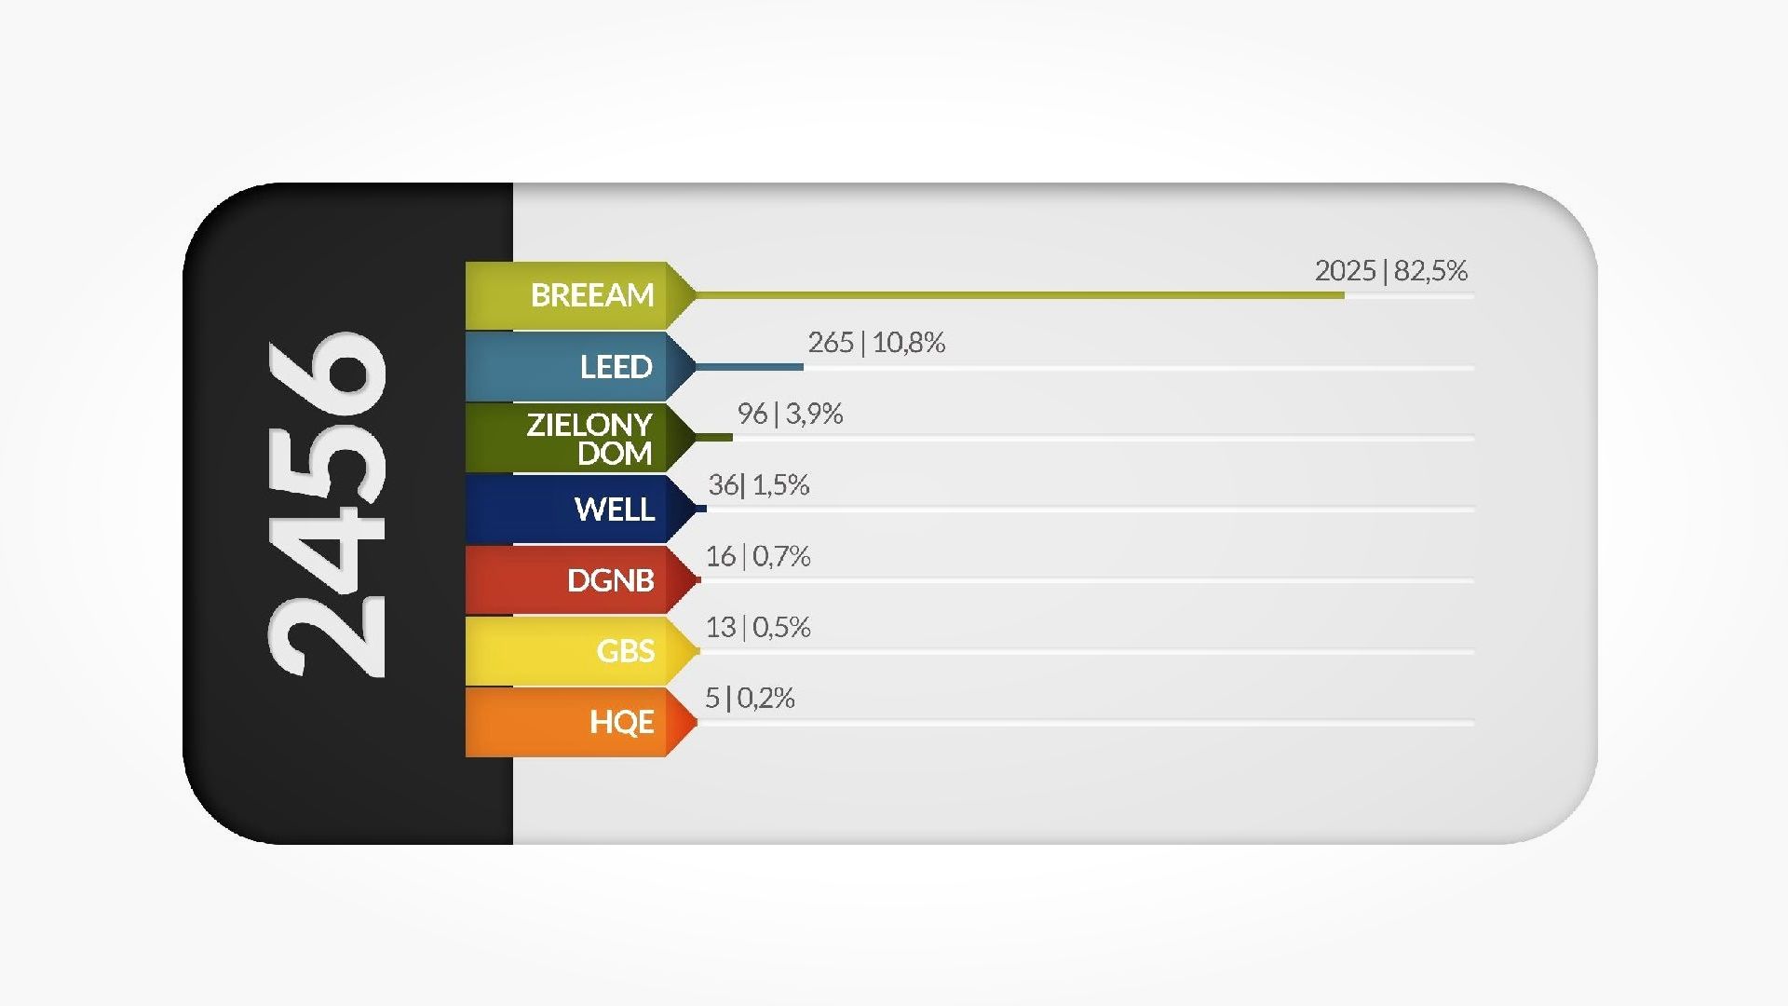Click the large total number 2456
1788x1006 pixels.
[x=326, y=505]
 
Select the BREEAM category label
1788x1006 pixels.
[x=592, y=295]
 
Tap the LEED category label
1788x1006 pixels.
[x=616, y=367]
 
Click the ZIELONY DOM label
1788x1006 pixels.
[x=589, y=439]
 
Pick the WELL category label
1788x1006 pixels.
[x=615, y=510]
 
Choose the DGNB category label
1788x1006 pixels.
[x=611, y=580]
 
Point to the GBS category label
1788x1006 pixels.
[x=626, y=651]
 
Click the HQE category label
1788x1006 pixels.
[x=622, y=722]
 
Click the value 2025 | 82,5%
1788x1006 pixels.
[x=1390, y=271]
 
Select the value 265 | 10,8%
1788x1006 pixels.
[x=876, y=343]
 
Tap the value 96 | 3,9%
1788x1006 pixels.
[x=790, y=414]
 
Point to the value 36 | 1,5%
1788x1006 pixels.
[x=758, y=485]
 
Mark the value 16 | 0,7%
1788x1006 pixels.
[x=757, y=556]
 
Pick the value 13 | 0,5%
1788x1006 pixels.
[x=757, y=627]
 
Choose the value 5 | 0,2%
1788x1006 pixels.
[x=750, y=698]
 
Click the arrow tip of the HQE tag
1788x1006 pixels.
[x=690, y=722]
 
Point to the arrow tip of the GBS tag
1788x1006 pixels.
[x=692, y=651]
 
